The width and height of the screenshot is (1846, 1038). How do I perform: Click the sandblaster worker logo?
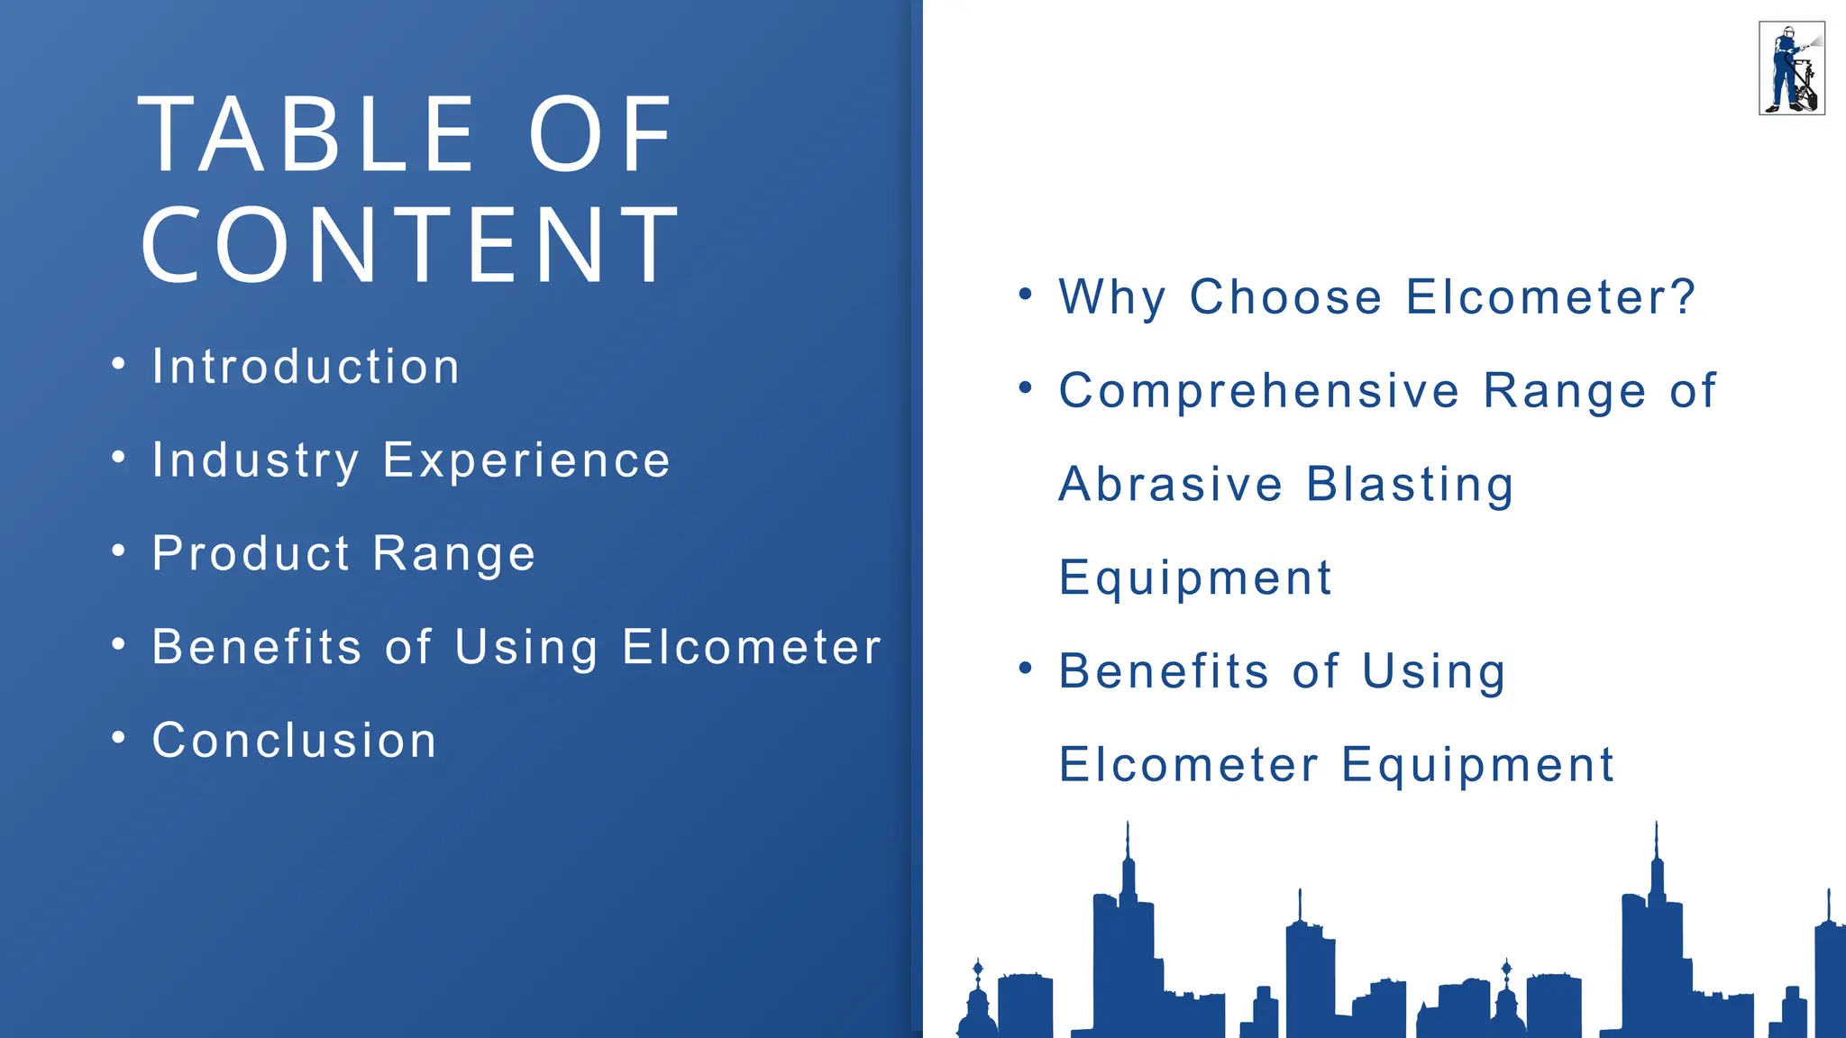coord(1791,68)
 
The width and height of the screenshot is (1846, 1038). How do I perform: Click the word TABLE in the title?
coord(306,135)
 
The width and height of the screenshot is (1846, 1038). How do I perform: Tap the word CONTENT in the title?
coord(410,245)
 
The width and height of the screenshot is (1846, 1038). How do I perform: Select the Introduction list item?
coord(306,367)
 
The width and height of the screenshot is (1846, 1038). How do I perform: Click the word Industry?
coord(255,460)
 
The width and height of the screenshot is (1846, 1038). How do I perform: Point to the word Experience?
coord(526,460)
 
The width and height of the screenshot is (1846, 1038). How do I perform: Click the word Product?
coord(251,553)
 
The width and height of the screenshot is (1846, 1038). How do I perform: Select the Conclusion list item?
coord(295,741)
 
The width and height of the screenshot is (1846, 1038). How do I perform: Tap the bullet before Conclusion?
coord(118,738)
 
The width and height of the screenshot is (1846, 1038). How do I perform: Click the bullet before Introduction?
coord(118,364)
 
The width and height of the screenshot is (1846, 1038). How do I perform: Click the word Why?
coord(1112,297)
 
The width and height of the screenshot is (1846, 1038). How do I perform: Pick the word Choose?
coord(1286,297)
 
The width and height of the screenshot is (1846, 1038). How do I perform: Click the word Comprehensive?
coord(1259,391)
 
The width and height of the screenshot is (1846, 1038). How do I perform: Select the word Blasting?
coord(1411,485)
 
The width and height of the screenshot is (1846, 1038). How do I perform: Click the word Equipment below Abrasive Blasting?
coord(1195,578)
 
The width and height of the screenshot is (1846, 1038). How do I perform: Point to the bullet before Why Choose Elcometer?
coord(1025,294)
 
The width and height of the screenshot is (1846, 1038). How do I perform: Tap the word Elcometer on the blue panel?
coord(752,647)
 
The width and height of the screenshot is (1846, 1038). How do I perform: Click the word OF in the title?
coord(600,135)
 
